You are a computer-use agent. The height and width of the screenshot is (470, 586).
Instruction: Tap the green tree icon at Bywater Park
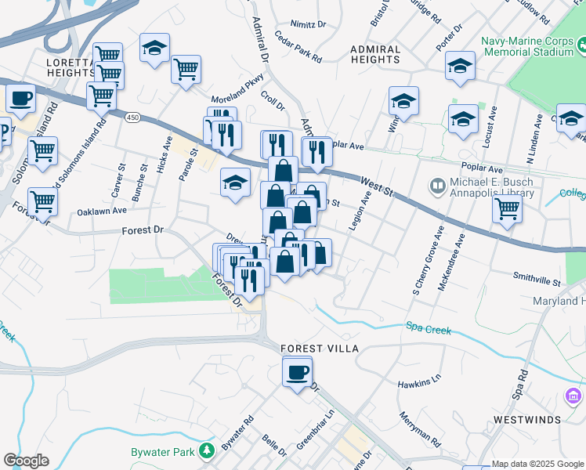point(206,451)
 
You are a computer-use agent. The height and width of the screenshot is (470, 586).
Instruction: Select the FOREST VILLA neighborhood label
point(320,348)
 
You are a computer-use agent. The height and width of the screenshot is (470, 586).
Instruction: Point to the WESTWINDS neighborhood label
point(526,420)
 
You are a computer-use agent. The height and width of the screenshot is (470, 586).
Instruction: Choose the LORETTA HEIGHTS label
point(71,67)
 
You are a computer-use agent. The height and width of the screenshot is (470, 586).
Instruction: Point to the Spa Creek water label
point(428,329)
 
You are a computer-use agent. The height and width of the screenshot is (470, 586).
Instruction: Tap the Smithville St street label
point(537,279)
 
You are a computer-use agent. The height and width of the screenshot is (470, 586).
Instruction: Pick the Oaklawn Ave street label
point(101,211)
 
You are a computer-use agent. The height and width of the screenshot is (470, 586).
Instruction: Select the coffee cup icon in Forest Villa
point(297,372)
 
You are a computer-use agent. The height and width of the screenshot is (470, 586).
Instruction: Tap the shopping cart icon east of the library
point(508,209)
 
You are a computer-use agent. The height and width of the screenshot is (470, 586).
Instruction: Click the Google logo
point(27,461)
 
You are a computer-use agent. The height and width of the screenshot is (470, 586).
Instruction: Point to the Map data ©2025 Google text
point(537,465)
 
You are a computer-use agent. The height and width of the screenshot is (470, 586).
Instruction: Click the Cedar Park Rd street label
point(298,47)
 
